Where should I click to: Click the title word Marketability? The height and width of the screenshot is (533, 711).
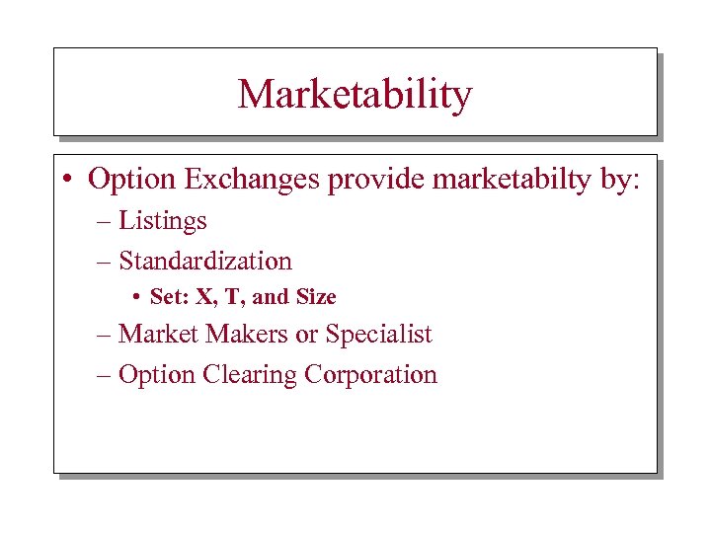[355, 95]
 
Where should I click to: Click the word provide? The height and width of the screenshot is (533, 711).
[354, 180]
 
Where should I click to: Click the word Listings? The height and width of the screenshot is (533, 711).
[163, 220]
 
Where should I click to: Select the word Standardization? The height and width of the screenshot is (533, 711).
[205, 261]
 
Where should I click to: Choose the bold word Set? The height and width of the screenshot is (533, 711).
[169, 297]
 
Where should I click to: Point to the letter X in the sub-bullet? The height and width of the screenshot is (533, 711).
[205, 297]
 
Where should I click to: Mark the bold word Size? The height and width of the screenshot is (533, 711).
[316, 297]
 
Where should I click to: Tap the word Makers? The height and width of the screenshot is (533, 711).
[244, 335]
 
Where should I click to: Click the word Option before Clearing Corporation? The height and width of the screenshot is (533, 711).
[157, 375]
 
